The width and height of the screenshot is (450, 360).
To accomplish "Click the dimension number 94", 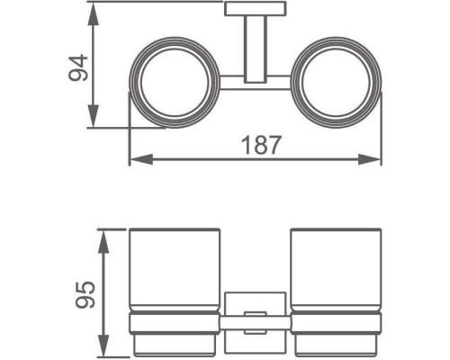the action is pyautogui.click(x=78, y=68).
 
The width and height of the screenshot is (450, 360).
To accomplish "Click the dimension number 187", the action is pyautogui.click(x=262, y=145).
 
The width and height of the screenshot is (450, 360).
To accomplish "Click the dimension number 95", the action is pyautogui.click(x=85, y=294).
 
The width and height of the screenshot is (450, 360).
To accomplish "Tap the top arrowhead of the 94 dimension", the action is pyautogui.click(x=94, y=14).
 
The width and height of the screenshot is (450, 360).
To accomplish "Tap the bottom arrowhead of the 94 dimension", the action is pyautogui.click(x=94, y=115).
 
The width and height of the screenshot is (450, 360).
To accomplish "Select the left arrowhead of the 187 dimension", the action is pyautogui.click(x=141, y=159).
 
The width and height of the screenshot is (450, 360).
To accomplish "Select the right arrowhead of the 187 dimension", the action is pyautogui.click(x=370, y=159).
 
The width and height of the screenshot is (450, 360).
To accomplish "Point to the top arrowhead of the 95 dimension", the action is pyautogui.click(x=103, y=242).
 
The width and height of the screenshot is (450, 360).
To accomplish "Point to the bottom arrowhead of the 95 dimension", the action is pyautogui.click(x=103, y=344).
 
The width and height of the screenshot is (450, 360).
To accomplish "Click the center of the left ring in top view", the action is pyautogui.click(x=175, y=82).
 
